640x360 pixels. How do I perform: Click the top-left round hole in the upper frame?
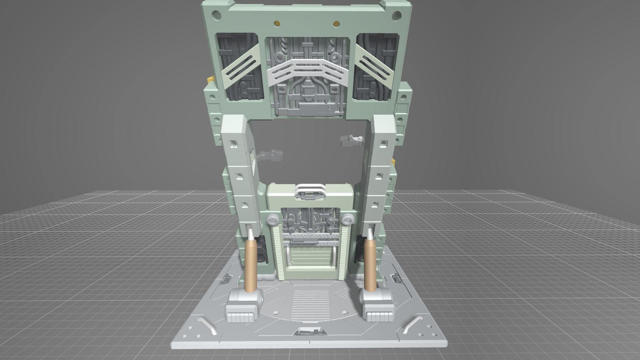pos(216,15)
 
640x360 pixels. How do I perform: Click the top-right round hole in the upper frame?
pos(396,15)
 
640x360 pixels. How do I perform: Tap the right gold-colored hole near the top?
pos(336,23)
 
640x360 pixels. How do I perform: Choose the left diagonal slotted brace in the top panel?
pos(239,65)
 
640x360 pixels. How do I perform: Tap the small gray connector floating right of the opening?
pos(351,141)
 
